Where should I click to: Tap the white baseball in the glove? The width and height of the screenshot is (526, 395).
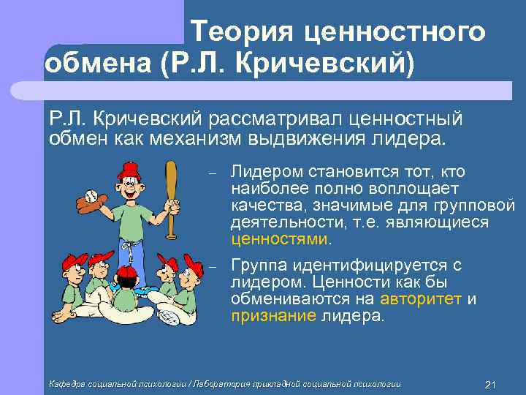91,196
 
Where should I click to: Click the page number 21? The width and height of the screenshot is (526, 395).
490,384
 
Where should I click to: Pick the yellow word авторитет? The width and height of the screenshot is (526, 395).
422,299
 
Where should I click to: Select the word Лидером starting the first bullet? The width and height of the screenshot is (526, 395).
272,172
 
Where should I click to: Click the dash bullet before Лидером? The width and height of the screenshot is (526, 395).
211,173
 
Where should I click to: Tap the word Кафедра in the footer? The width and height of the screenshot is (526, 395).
65,384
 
